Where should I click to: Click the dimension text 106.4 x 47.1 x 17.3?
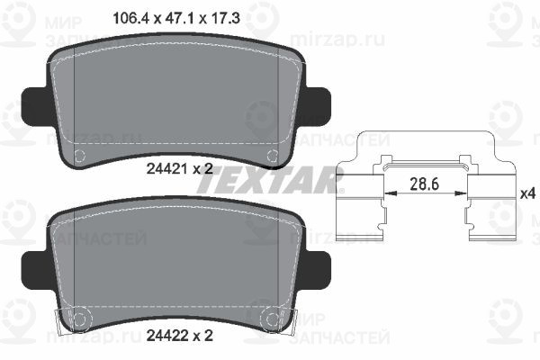[x=176, y=18]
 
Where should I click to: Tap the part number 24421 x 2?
[x=180, y=169]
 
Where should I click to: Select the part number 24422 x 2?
[x=180, y=335]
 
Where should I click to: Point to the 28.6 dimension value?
[x=424, y=184]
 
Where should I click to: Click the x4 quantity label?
[x=528, y=193]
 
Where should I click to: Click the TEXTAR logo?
[x=269, y=181]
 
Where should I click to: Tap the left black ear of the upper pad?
[x=35, y=106]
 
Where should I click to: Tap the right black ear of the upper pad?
[x=317, y=106]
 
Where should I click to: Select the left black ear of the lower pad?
[x=35, y=270]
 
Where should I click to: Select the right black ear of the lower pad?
[x=317, y=270]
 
